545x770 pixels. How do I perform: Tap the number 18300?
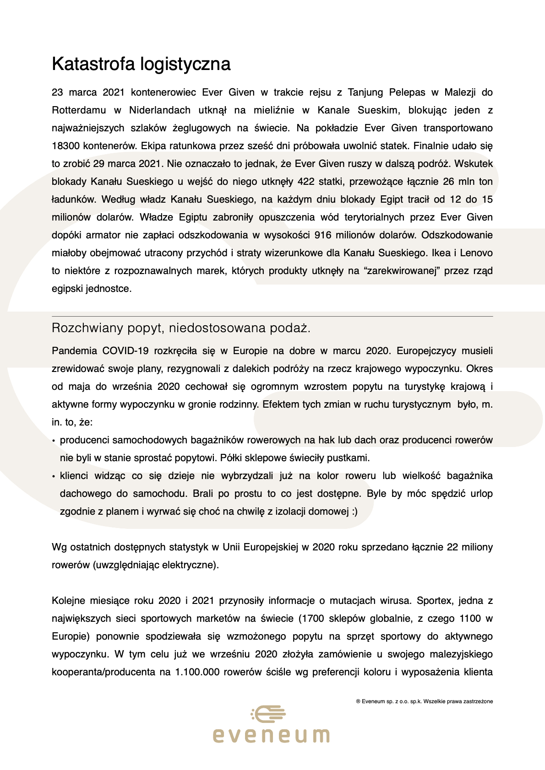tap(65, 146)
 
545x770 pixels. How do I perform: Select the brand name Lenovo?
tap(476, 253)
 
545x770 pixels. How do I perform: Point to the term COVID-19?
tap(125, 351)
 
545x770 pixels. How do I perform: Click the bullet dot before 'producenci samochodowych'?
tap(54, 441)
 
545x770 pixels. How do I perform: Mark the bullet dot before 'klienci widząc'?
tap(54, 477)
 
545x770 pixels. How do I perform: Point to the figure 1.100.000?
tap(197, 672)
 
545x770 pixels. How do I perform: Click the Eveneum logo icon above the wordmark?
tap(269, 714)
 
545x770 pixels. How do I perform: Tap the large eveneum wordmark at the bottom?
tap(271, 735)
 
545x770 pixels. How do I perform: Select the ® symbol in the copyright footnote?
tap(358, 701)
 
